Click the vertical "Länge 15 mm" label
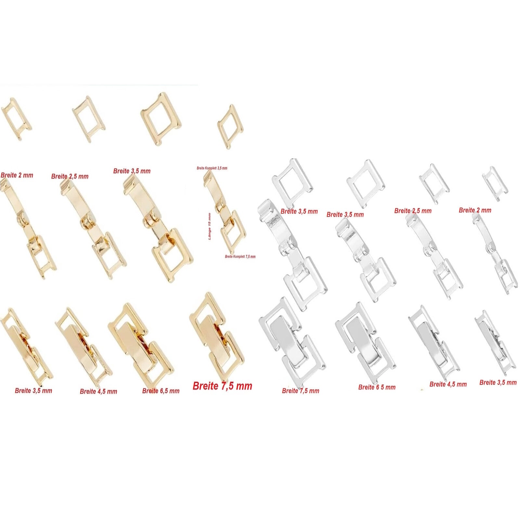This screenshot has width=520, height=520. coord(209,227)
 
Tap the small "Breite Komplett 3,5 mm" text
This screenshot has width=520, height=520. coord(212,168)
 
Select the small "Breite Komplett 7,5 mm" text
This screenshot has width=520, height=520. coord(240,257)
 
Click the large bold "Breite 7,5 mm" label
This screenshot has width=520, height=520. coord(222,386)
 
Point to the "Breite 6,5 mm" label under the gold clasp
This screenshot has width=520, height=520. coord(161,391)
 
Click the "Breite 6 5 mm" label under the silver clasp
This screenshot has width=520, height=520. coord(377,387)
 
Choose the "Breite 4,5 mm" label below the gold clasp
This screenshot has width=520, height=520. coord(98,391)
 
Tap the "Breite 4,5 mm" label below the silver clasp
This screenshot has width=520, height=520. coord(448,384)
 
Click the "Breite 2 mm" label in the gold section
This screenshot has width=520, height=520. coord(17,175)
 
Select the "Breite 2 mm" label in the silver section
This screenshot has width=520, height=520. coord(475,210)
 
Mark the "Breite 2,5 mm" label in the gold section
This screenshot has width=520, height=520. coord(70,176)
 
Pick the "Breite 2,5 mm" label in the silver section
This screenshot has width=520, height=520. coord(413,211)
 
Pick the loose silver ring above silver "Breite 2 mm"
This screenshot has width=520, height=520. coord(495,184)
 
